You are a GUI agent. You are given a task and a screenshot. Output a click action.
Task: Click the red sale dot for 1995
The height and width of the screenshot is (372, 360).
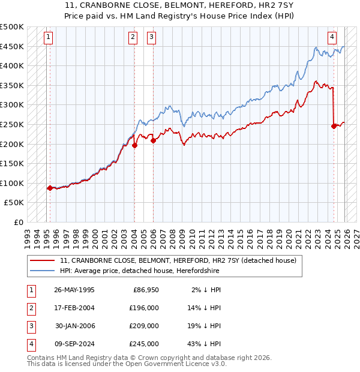pos(50,188)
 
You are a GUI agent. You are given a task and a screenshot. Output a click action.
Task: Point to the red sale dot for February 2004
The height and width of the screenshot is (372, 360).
pos(134,145)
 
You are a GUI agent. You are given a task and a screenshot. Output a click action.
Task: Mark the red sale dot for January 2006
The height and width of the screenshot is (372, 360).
pos(153,140)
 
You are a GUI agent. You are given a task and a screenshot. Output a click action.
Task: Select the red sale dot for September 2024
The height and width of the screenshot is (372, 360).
pos(334,126)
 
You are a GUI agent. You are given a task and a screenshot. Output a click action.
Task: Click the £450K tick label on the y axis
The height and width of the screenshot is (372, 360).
pos(12,46)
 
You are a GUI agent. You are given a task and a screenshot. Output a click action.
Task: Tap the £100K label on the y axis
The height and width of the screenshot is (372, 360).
pos(12,183)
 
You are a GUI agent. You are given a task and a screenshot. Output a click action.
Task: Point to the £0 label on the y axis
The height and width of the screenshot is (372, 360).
pos(18,222)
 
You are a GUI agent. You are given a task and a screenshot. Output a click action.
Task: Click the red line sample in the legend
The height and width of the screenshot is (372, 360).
pos(42,261)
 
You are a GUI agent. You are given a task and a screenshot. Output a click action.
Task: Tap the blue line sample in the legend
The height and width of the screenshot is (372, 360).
pos(42,272)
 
